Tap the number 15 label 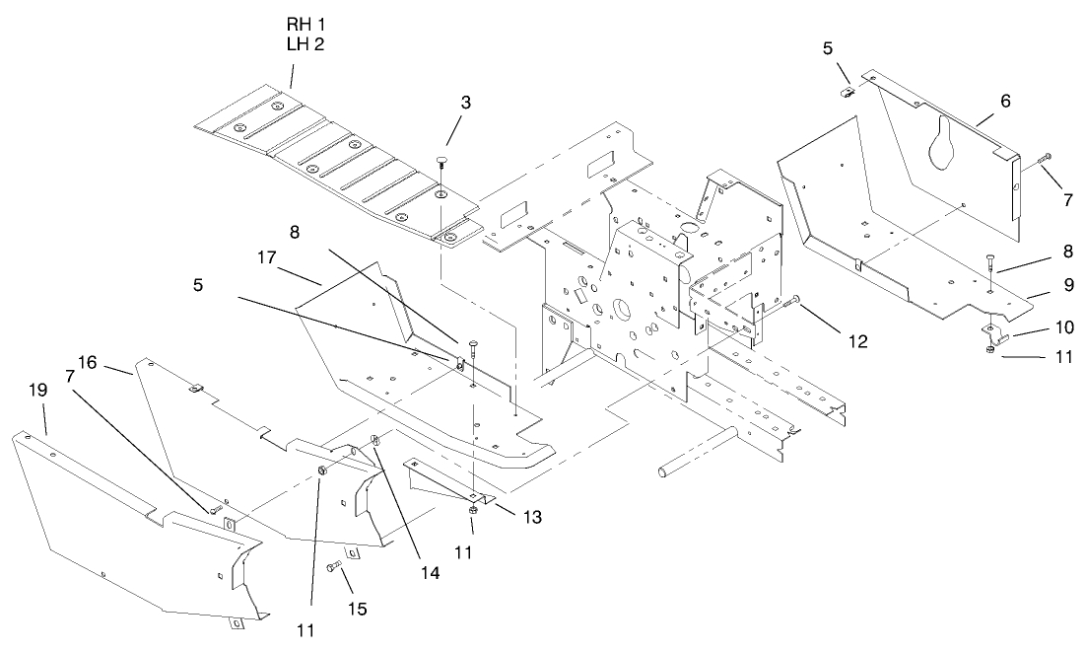(x=357, y=609)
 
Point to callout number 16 (x=87, y=363)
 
